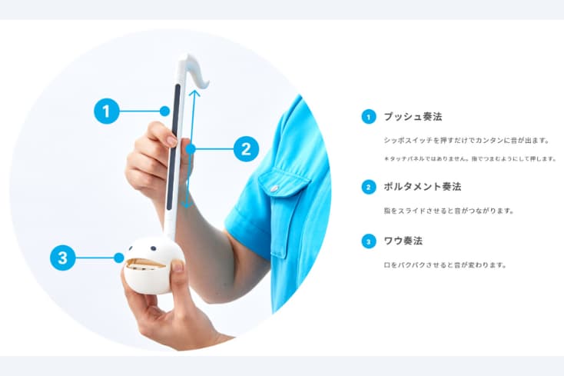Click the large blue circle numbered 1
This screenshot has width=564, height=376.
coord(107,111)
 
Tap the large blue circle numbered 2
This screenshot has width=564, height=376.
coord(247,148)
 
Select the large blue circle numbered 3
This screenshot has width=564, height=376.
coord(63,258)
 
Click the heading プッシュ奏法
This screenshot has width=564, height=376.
coord(413,117)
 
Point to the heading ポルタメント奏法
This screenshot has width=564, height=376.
coord(423,187)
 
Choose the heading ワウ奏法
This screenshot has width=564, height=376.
coord(403,241)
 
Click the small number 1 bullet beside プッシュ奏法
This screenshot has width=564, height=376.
coord(369,117)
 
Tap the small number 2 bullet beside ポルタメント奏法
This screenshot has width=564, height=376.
coord(369,187)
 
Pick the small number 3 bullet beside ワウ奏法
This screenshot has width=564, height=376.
coord(369,241)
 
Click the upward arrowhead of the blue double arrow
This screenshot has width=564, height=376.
coord(194,92)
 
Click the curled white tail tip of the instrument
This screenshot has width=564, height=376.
coord(207,85)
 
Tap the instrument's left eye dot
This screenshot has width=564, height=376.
coord(131,248)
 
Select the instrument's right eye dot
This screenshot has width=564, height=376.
coord(154,248)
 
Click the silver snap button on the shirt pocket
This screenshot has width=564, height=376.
coord(275,188)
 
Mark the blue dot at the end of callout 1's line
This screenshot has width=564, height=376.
coord(164,111)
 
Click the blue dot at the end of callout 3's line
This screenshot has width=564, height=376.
coord(118,258)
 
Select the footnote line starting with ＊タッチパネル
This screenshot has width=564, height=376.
coord(470,158)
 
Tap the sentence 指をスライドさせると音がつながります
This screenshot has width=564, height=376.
coord(449,211)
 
